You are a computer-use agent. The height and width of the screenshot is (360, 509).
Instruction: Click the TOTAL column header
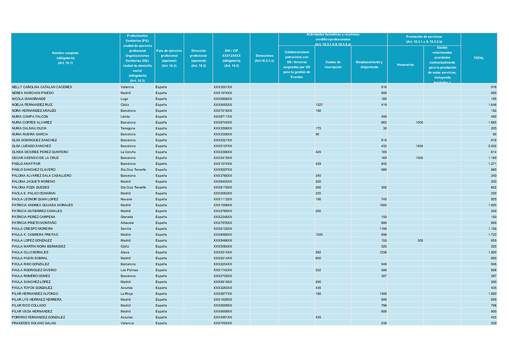pyautogui.click(x=478, y=58)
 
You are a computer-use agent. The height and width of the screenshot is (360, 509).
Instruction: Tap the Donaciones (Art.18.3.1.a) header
pyautogui.click(x=264, y=58)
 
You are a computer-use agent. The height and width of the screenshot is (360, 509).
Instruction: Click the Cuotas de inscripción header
pyautogui.click(x=333, y=65)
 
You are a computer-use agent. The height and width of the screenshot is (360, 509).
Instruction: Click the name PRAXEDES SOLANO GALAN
pyautogui.click(x=34, y=323)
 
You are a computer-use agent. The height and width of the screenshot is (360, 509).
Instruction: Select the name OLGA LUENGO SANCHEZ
pyautogui.click(x=31, y=146)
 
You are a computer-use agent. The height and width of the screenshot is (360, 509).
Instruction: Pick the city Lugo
pyautogui.click(x=124, y=99)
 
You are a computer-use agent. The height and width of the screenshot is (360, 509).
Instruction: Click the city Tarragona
pyautogui.click(x=128, y=128)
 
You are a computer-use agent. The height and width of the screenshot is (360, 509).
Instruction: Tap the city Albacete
pyautogui.click(x=127, y=223)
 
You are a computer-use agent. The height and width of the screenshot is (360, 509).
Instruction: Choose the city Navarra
pyautogui.click(x=126, y=199)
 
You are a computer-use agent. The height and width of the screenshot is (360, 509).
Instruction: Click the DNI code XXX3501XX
pyautogui.click(x=223, y=87)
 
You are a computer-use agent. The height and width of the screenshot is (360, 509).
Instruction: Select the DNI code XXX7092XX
pyautogui.click(x=223, y=323)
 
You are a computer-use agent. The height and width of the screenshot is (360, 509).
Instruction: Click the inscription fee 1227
pyautogui.click(x=319, y=105)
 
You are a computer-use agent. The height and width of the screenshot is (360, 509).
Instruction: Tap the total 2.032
pyautogui.click(x=492, y=146)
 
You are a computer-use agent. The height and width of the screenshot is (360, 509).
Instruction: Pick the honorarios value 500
pyautogui.click(x=420, y=240)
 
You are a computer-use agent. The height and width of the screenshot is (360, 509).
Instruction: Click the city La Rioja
pyautogui.click(x=126, y=294)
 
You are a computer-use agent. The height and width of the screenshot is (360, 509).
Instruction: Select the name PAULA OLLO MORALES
pyautogui.click(x=30, y=252)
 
